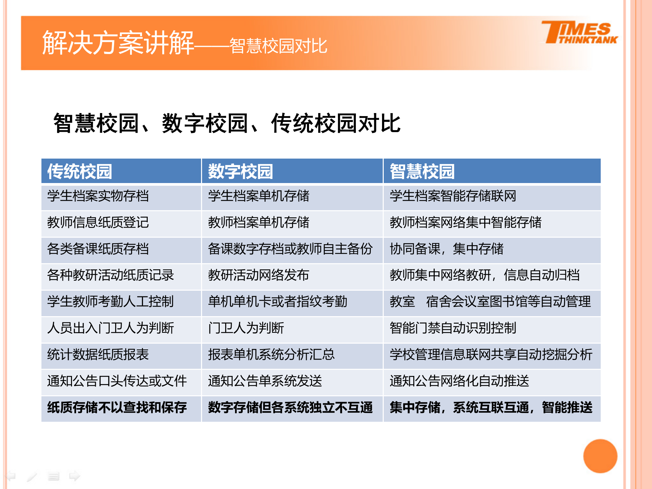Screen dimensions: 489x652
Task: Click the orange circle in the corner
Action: pos(600,456)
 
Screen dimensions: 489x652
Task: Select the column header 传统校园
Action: pos(80,171)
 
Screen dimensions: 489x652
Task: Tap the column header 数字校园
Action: pos(240,171)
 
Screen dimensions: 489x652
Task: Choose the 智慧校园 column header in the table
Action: pos(422,171)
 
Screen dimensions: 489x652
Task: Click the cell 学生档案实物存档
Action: pos(98,196)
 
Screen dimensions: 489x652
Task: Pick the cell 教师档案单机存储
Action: pos(259,223)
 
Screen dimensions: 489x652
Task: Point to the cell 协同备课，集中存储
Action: pos(447,249)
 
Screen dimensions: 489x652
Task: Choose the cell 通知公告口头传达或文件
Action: pos(117,381)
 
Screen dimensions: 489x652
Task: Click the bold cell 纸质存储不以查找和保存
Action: pos(117,407)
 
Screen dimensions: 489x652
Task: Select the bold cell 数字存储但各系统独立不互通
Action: pos(290,407)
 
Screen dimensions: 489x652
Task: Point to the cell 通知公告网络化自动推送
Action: pos(459,381)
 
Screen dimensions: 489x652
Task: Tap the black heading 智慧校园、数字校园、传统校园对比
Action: pos(227,123)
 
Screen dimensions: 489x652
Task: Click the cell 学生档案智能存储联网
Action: pos(453,196)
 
